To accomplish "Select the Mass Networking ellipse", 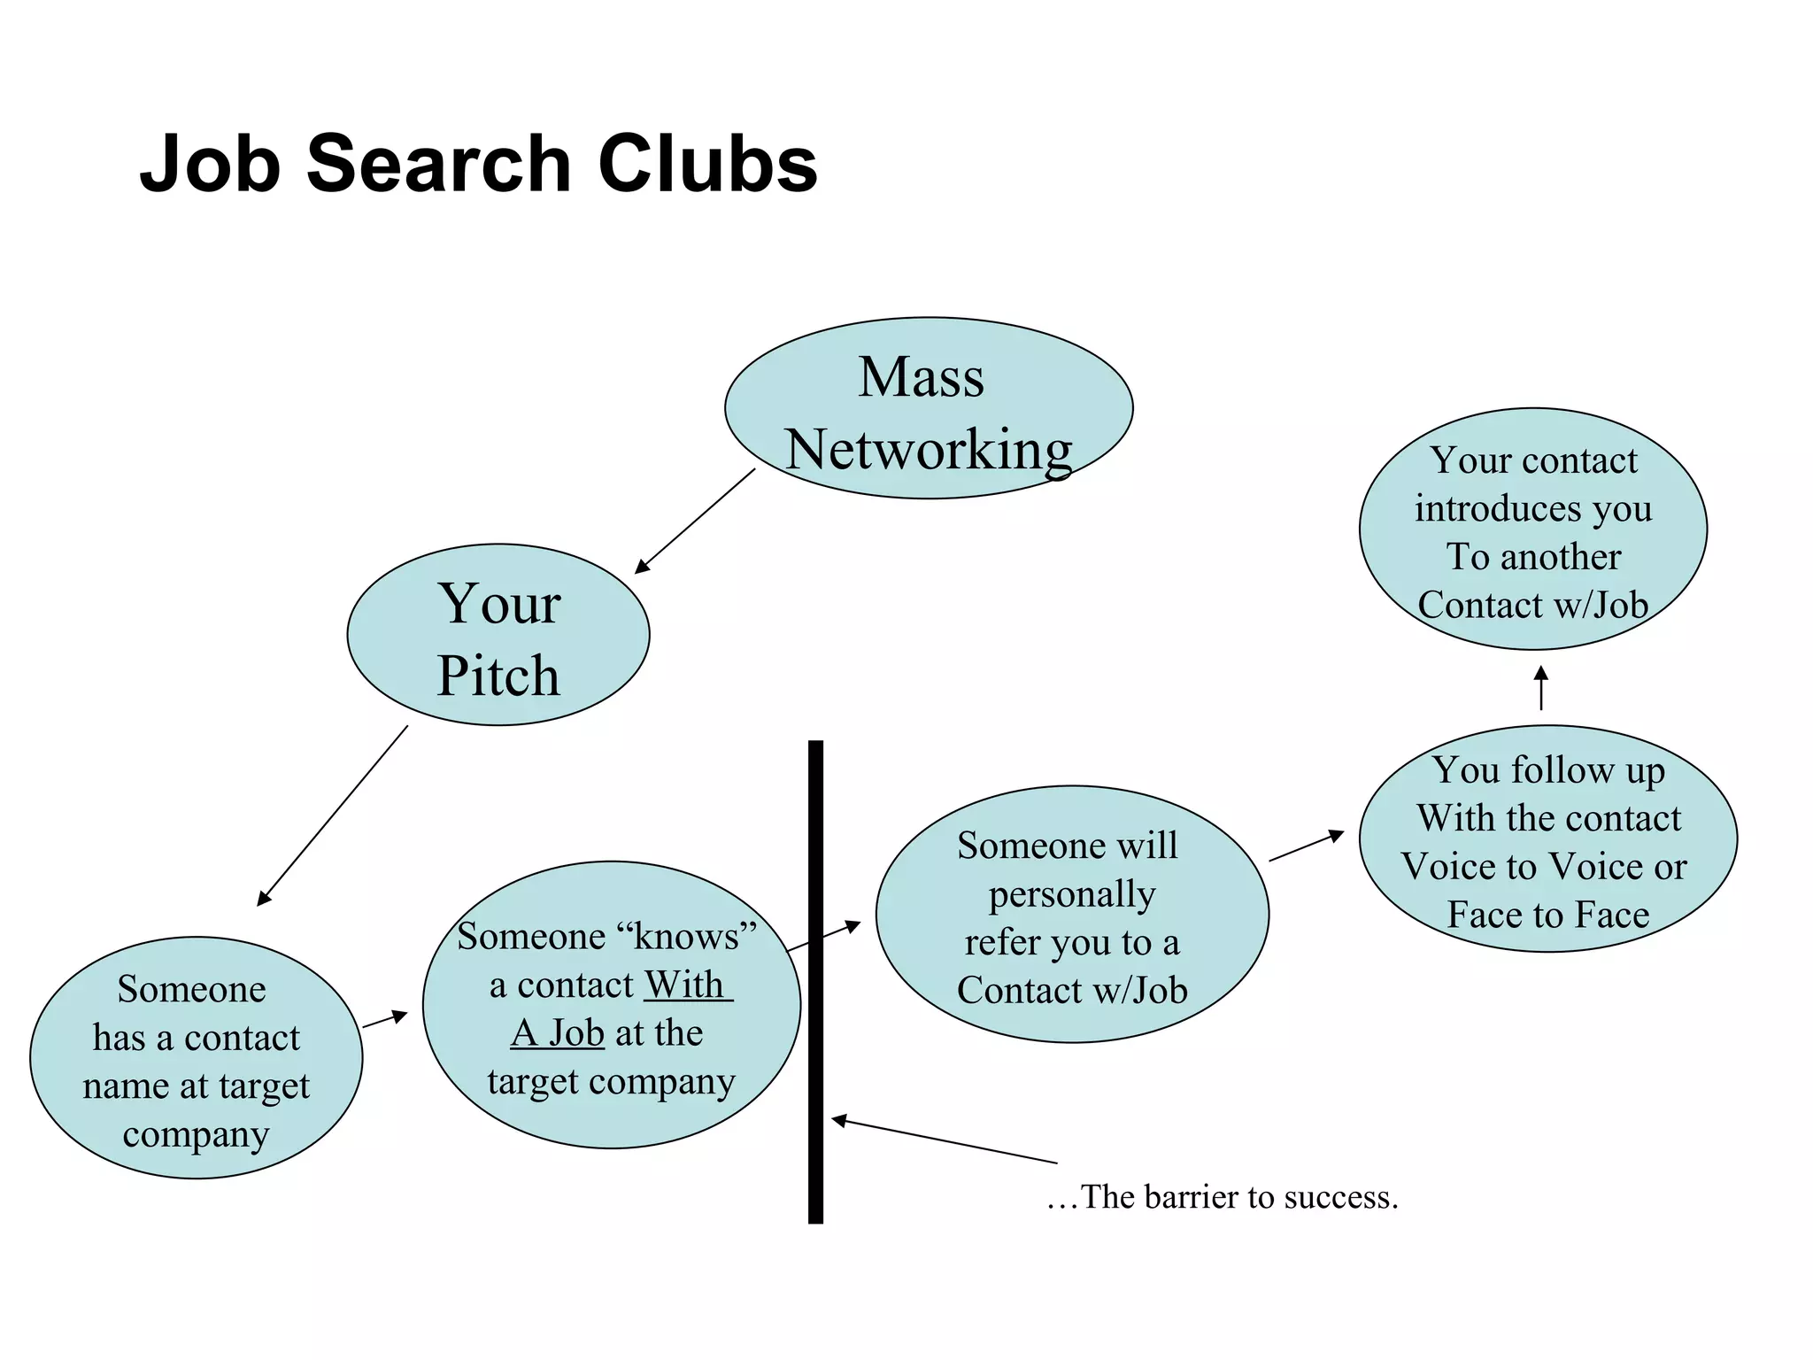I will tap(928, 408).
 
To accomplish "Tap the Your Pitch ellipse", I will tap(498, 635).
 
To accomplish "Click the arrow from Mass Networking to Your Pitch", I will tap(696, 520).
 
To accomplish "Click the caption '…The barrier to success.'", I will tap(1223, 1197).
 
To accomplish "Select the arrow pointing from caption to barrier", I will tap(944, 1141).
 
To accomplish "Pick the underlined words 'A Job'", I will tap(558, 1033).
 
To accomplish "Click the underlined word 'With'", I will tap(684, 985).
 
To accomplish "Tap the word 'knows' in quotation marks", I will tap(687, 937).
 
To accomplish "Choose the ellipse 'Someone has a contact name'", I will tap(196, 1057).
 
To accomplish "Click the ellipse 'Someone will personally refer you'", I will tap(1072, 915).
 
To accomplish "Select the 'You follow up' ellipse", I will tap(1547, 838).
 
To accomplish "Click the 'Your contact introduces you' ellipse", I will tap(1532, 529).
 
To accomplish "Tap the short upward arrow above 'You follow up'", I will tap(1541, 688).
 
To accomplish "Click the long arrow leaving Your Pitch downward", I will tap(333, 815).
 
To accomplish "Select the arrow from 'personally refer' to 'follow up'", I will tap(1307, 846).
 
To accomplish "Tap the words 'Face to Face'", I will tap(1548, 915).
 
